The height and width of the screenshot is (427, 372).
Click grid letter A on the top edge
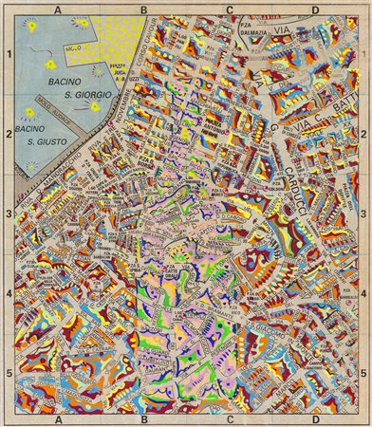58,9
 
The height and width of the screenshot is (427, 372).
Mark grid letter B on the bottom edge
143,418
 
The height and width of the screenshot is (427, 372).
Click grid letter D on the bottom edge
315,418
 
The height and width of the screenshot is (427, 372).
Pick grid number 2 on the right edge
363,135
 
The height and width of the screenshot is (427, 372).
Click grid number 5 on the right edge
363,374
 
